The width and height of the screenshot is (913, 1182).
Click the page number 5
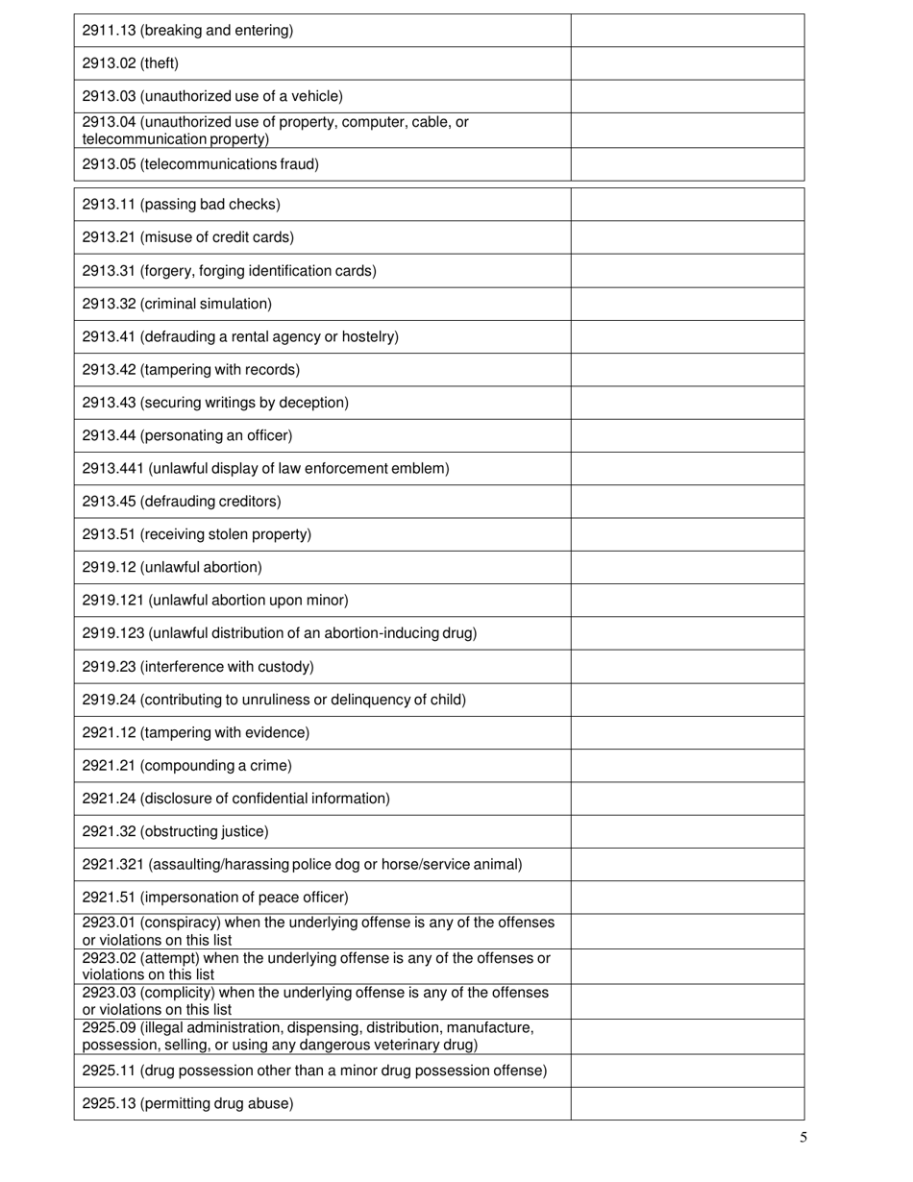click(x=803, y=1139)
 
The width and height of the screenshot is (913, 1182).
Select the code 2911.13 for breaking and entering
click(x=109, y=31)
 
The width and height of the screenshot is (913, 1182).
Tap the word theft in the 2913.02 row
click(x=160, y=63)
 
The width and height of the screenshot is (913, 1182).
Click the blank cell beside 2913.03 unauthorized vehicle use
click(x=687, y=96)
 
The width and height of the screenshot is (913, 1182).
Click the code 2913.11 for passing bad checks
click(x=109, y=205)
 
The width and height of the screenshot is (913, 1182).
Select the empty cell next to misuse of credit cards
click(x=687, y=237)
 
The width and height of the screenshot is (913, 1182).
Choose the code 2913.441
click(x=112, y=469)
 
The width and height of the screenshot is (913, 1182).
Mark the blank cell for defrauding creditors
click(x=687, y=502)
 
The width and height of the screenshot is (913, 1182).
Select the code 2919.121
click(x=112, y=601)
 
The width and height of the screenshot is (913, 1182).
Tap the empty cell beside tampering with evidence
click(x=687, y=733)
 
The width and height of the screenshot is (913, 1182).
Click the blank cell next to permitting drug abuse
click(x=687, y=1104)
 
